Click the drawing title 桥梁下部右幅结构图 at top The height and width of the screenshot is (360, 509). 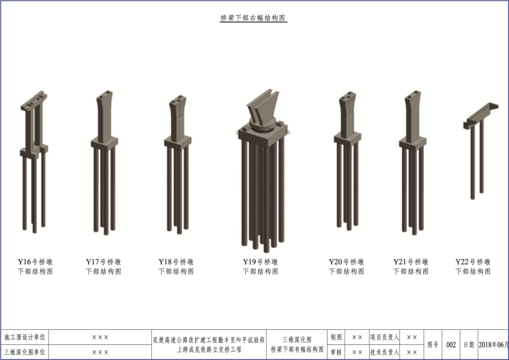pos(253,18)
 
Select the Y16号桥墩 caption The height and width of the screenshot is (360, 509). pos(35,261)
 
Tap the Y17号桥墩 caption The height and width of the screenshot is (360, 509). pos(104,261)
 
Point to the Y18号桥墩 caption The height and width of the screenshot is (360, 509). pos(176,261)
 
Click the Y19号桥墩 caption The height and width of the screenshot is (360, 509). pos(260,261)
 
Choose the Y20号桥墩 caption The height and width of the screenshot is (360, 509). pos(346,261)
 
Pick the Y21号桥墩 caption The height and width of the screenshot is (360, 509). pos(411,261)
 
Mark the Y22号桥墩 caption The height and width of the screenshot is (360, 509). pos(473,261)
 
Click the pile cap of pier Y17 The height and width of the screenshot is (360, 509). pos(104,143)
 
